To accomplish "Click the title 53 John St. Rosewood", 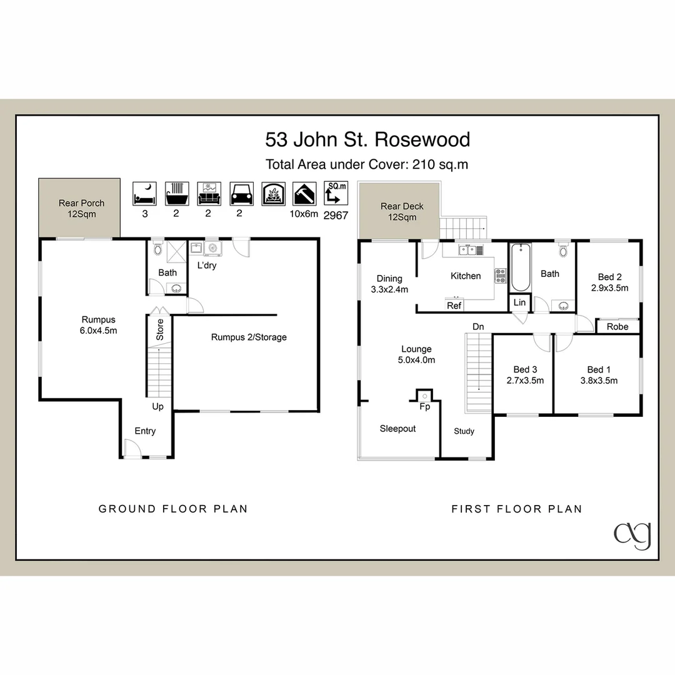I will pyautogui.click(x=367, y=139).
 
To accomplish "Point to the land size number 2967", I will pyautogui.click(x=336, y=214).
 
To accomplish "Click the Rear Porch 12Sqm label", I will pyautogui.click(x=81, y=208).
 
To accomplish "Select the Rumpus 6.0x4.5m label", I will pyautogui.click(x=99, y=325).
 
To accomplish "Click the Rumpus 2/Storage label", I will pyautogui.click(x=249, y=337).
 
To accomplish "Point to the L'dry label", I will pyautogui.click(x=206, y=266).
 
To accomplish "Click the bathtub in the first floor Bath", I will pyautogui.click(x=520, y=268).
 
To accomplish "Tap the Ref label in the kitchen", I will pyautogui.click(x=454, y=306).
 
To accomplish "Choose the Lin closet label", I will pyautogui.click(x=519, y=302).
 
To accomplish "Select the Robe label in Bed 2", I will pyautogui.click(x=617, y=326).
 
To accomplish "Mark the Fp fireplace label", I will pyautogui.click(x=424, y=406).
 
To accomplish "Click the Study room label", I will pyautogui.click(x=464, y=431).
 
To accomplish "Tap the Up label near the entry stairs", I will pyautogui.click(x=158, y=406).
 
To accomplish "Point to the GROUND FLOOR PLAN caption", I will pyautogui.click(x=173, y=509).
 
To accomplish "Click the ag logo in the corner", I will pyautogui.click(x=632, y=535).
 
